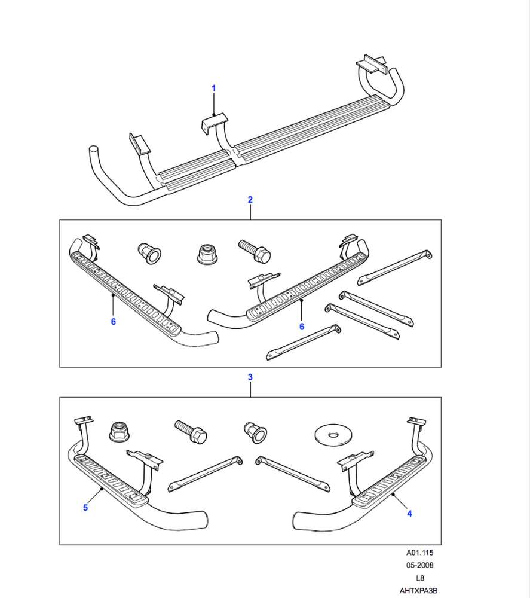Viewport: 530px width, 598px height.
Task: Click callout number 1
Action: click(x=213, y=89)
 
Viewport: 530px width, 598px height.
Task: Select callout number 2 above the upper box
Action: click(x=250, y=199)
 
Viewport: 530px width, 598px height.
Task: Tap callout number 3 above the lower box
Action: click(x=250, y=377)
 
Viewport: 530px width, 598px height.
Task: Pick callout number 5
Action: click(x=85, y=508)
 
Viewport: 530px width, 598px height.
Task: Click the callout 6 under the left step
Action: click(x=113, y=322)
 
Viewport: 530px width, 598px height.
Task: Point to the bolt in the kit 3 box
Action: click(x=191, y=432)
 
